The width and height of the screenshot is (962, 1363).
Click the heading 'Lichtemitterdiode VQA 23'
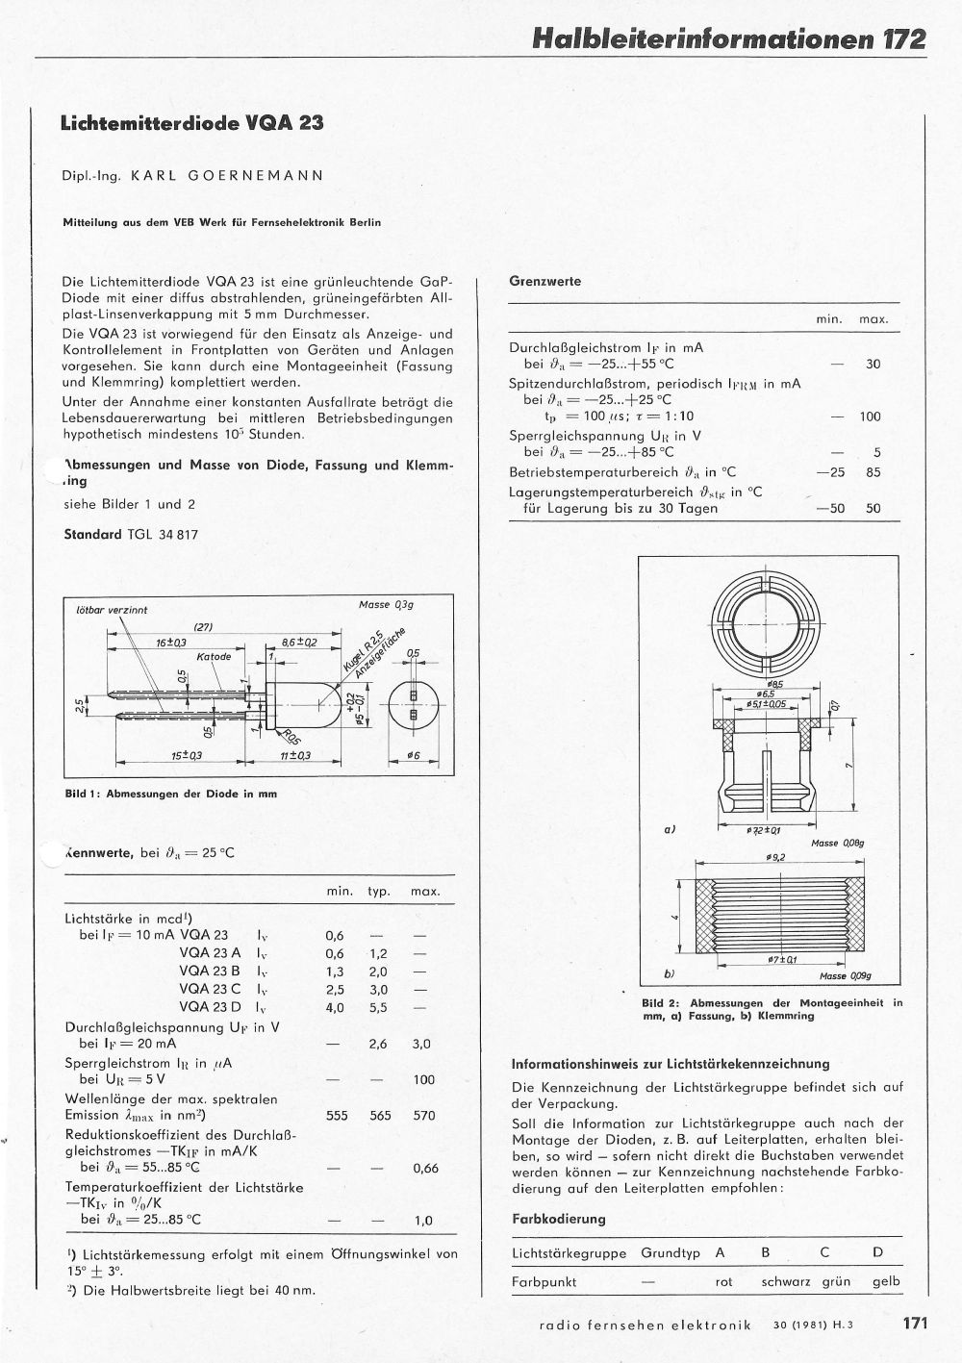coord(192,124)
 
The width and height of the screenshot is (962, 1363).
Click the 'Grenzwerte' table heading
coord(544,282)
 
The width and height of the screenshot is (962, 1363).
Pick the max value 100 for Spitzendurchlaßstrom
coord(870,417)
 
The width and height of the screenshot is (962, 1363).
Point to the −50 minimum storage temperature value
coord(829,509)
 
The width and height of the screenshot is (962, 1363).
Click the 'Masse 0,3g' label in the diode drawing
coord(385,604)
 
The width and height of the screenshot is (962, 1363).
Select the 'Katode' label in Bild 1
coord(214,657)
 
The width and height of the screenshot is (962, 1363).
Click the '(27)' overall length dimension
coord(203,627)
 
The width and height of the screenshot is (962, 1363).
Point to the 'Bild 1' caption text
coord(169,795)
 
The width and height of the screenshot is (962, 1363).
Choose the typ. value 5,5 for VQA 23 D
coord(377,1007)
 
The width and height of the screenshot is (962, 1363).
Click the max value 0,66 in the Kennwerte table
coord(424,1169)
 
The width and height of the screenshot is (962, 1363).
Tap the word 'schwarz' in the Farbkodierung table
coord(785,1281)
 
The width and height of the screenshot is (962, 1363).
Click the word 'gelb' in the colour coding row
coord(885,1281)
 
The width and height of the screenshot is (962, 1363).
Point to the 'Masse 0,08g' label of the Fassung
coord(838,843)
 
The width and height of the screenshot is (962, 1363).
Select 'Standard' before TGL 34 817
coord(92,534)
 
